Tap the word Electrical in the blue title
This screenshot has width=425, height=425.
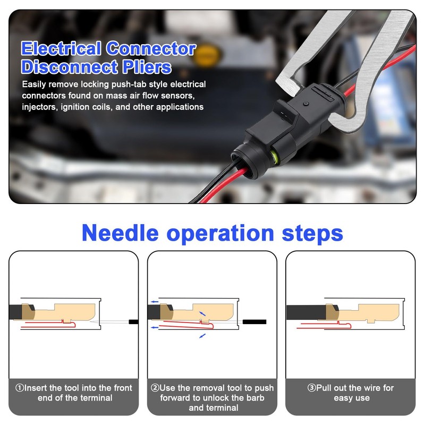tap(60, 49)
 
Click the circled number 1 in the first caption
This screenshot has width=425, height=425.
tap(20, 388)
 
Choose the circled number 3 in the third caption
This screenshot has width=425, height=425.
tap(312, 388)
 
